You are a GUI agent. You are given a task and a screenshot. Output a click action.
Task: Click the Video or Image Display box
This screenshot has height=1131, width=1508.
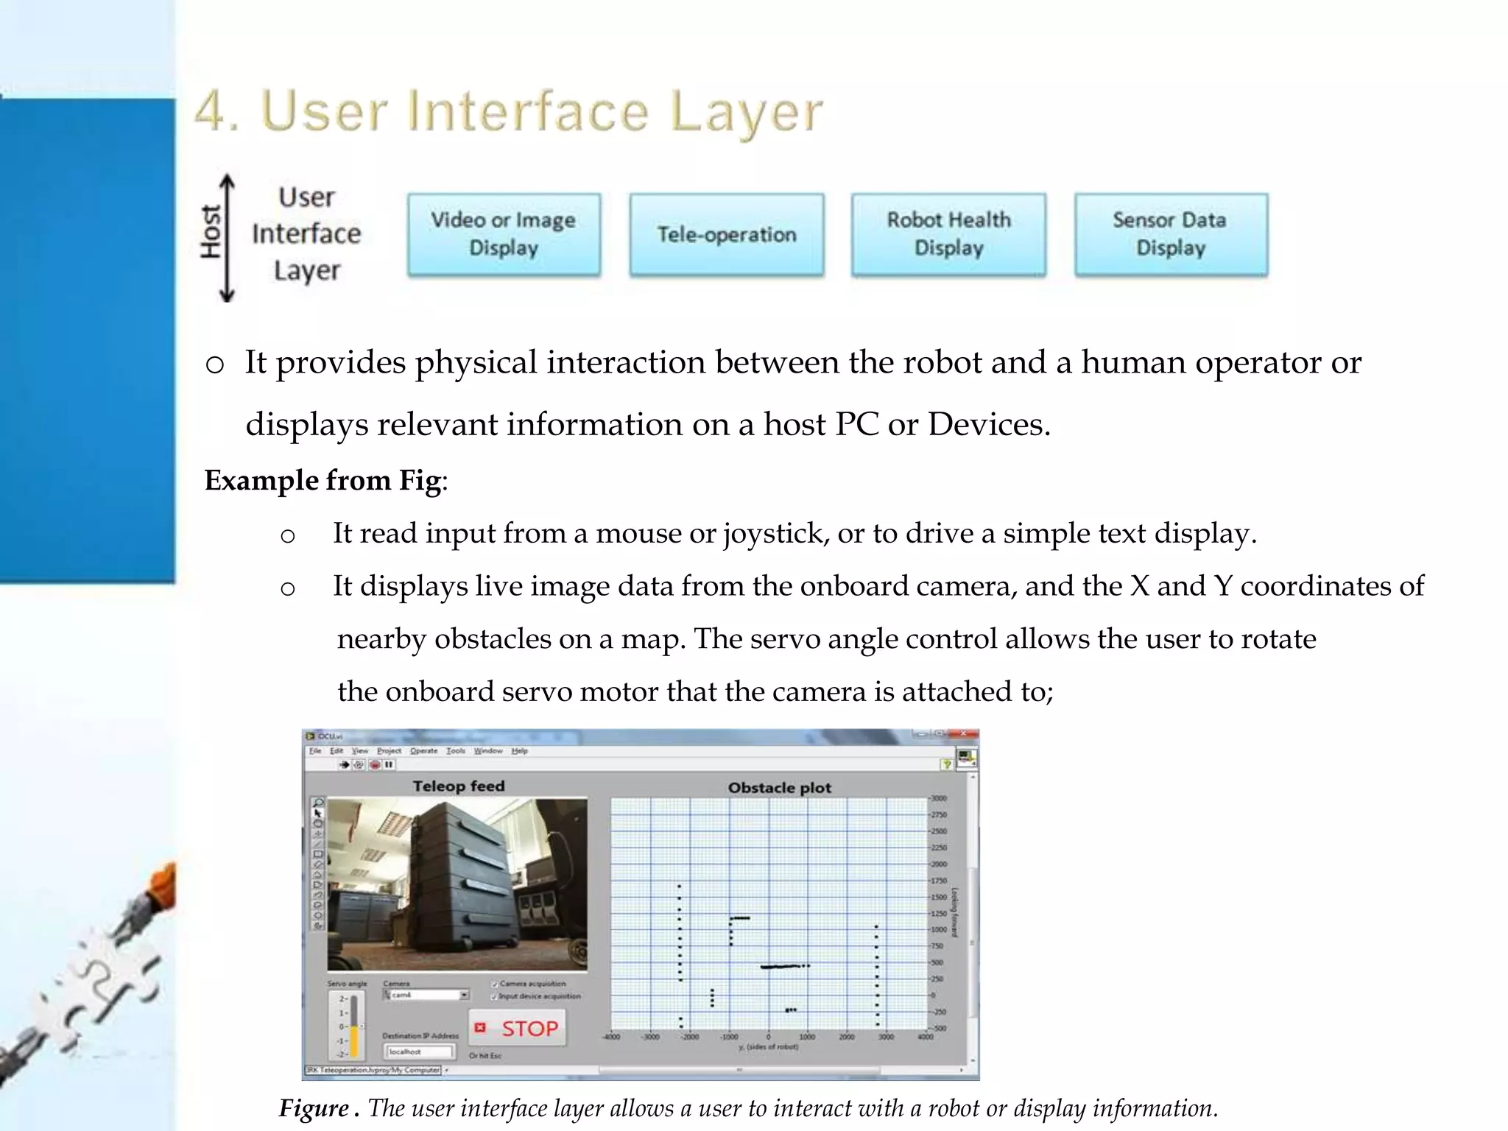(504, 234)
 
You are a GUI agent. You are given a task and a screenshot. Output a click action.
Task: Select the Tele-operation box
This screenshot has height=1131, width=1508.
(726, 234)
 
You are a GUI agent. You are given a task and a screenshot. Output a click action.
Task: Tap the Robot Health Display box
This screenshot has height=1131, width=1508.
(948, 234)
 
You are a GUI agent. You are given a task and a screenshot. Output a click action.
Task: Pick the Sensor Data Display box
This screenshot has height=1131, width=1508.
(1170, 234)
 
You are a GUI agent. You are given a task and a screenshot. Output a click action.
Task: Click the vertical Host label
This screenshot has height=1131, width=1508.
(211, 232)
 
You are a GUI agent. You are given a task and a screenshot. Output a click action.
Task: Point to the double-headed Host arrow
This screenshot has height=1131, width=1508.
(228, 238)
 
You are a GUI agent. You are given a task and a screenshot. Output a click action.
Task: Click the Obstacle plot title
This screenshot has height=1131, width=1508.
(779, 788)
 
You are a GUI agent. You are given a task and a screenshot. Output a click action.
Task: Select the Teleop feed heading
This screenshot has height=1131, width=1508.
(459, 786)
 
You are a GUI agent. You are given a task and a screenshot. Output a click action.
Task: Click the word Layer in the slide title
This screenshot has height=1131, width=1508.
(746, 112)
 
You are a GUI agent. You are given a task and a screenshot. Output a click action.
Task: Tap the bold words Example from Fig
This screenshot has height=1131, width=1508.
(323, 481)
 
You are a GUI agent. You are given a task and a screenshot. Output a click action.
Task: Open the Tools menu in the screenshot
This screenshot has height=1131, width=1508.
(456, 751)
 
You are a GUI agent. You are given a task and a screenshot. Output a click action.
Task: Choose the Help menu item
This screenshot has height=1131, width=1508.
(520, 751)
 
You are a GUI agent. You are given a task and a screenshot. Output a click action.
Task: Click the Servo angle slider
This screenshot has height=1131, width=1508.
(354, 1026)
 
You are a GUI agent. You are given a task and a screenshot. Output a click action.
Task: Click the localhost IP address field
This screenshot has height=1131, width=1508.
(418, 1051)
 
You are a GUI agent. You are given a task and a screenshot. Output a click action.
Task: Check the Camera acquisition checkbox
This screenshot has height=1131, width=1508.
(495, 983)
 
